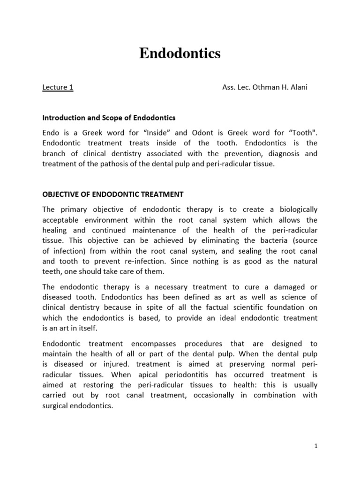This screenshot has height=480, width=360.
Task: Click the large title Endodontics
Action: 180,54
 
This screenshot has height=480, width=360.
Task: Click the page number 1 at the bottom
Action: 316,446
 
